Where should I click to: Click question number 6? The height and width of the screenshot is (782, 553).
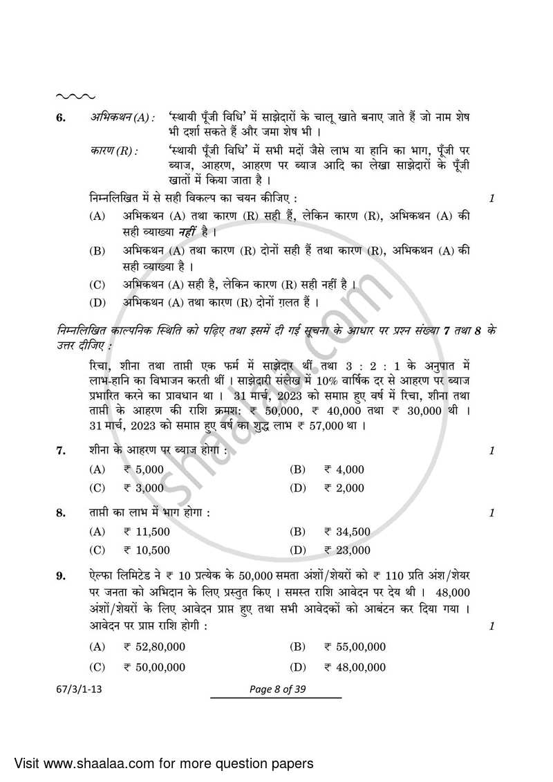61,118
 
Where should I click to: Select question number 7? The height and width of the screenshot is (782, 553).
61,451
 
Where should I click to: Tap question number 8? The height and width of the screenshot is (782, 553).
61,513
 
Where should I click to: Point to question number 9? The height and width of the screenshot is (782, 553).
61,575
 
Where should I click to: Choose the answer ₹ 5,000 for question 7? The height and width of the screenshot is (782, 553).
144,469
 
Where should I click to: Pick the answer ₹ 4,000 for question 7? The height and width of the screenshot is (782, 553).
344,469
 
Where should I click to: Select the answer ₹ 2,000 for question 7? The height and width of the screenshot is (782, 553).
344,488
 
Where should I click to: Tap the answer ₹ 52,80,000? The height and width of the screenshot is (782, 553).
154,647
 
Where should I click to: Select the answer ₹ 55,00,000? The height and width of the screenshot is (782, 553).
354,647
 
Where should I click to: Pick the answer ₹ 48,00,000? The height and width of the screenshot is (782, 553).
354,667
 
